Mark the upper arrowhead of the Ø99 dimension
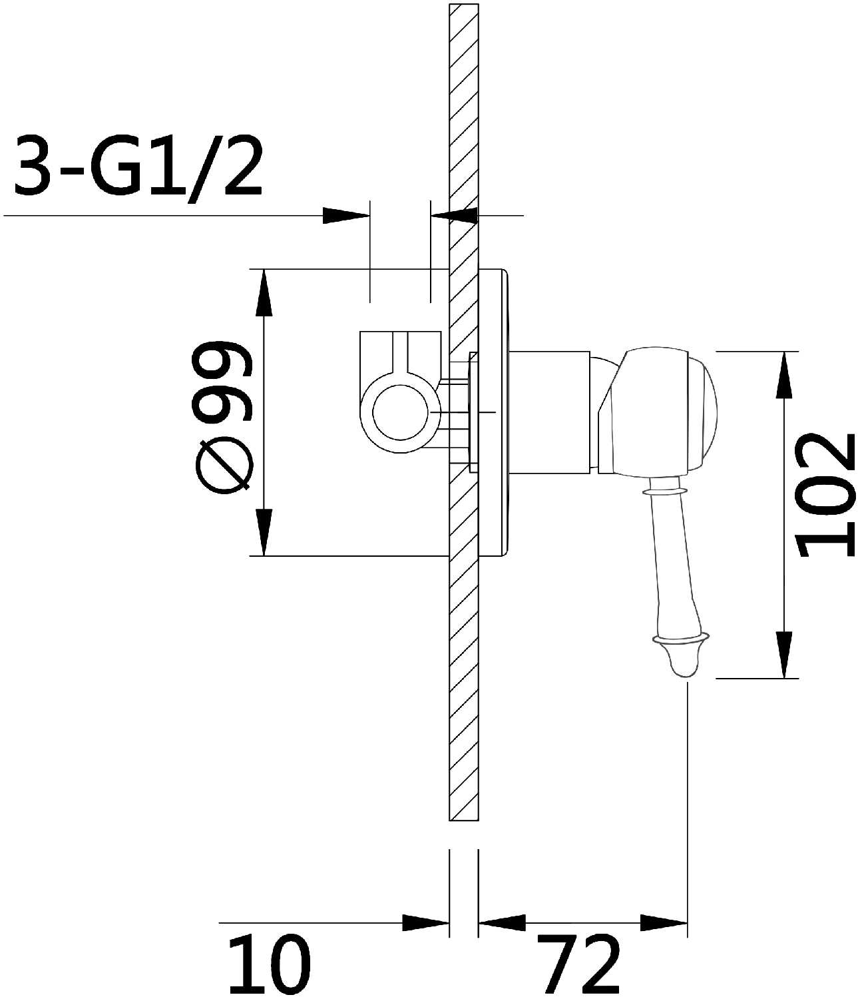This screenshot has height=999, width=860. pos(264,293)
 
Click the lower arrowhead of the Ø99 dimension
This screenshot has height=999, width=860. pos(264,532)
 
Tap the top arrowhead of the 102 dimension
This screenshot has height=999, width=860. pos(783,375)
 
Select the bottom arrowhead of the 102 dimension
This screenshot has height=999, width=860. pos(783,655)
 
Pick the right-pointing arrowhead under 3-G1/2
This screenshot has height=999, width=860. pos(346,216)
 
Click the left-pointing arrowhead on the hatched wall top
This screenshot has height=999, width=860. pos(455,216)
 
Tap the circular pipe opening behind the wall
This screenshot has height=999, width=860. pos(401,412)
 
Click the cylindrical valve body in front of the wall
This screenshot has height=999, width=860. pos(550,412)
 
